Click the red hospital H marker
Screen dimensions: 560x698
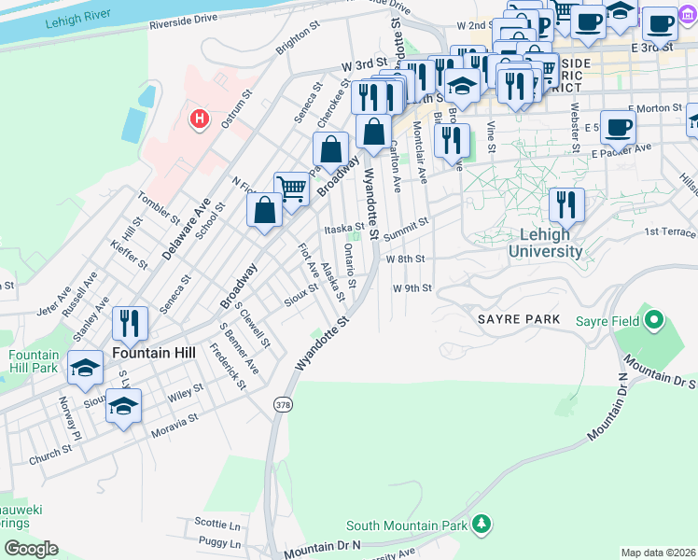coord(198,119)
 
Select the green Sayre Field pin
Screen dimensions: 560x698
coord(653,322)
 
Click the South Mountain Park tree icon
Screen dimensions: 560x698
coord(482,525)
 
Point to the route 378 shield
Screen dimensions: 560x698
coord(281,404)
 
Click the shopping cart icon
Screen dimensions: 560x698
coord(291,190)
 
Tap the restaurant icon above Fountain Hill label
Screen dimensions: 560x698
coord(130,324)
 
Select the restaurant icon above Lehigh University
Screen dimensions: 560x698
coord(566,204)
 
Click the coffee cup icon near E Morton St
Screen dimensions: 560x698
coord(617,128)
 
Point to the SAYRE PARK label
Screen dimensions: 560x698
coord(519,319)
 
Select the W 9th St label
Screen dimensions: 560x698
coord(412,288)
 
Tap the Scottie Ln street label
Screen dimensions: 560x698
coord(217,523)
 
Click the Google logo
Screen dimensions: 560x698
coord(31,548)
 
